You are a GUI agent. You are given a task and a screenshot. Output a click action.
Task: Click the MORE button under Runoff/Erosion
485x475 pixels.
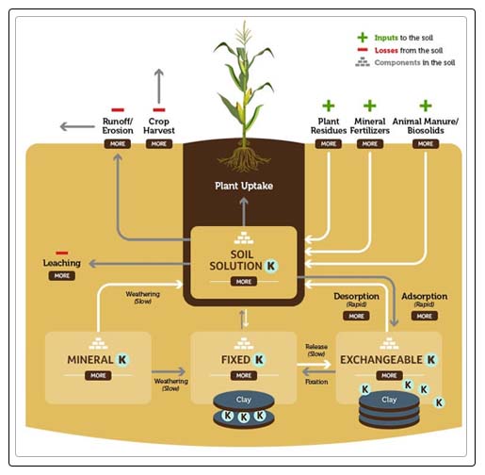[x=119, y=144]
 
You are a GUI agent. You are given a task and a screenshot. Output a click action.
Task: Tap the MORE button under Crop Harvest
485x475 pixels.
[x=159, y=144]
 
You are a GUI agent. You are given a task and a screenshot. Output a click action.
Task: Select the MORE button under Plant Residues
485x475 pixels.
[x=328, y=144]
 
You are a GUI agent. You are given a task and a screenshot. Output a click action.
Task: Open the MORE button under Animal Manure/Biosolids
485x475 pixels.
[x=425, y=144]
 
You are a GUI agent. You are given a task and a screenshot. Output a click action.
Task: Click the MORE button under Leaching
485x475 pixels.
[x=61, y=275]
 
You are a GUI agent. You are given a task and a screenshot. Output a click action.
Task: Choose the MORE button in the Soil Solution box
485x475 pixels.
[x=244, y=281]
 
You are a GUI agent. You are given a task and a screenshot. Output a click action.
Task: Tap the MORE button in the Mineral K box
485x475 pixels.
[x=98, y=375]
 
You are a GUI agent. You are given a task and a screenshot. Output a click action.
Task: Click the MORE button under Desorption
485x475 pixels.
[x=356, y=316]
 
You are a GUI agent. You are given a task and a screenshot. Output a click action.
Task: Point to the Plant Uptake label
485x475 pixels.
[x=244, y=186]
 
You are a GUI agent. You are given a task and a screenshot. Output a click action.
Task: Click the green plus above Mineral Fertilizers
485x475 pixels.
[x=370, y=106]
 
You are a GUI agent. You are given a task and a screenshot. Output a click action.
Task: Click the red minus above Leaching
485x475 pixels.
[x=61, y=252]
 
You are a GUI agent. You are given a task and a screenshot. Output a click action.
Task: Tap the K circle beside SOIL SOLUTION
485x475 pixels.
[x=272, y=266]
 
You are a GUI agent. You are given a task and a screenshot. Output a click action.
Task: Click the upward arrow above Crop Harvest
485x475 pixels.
[x=159, y=83]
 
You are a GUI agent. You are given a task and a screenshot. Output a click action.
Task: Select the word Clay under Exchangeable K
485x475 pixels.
[x=389, y=400]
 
